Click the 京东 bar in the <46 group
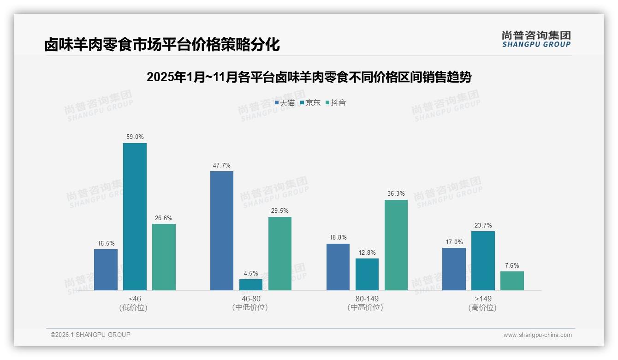point(135,216)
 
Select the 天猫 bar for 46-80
point(222,231)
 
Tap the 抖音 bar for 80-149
point(396,245)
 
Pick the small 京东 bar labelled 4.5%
point(251,285)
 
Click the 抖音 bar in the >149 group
point(512,281)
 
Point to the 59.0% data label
point(135,137)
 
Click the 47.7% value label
point(222,165)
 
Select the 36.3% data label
point(396,194)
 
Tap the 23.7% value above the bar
point(483,226)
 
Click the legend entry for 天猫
point(285,103)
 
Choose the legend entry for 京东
point(310,103)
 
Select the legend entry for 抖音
point(336,103)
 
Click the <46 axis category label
point(135,299)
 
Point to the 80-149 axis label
point(367,299)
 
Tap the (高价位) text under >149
point(482,308)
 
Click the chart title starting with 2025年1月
point(309,77)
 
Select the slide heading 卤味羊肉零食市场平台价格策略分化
point(162,45)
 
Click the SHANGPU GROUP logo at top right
point(536,39)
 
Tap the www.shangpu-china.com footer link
point(537,335)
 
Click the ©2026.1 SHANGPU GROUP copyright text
point(90,335)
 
